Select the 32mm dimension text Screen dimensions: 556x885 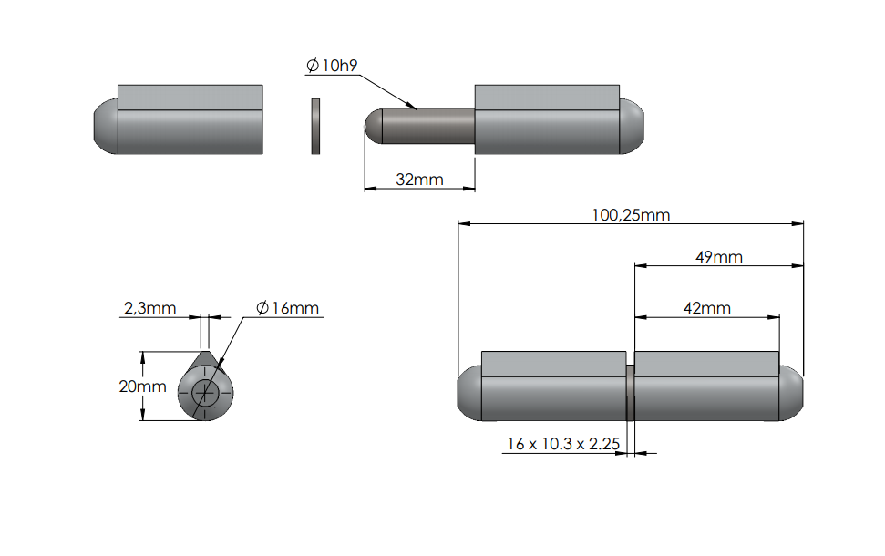(x=419, y=180)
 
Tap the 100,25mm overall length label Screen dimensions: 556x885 (x=631, y=215)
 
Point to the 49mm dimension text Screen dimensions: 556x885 (x=718, y=257)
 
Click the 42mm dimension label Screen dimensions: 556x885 (x=706, y=308)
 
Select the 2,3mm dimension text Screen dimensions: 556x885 (x=149, y=308)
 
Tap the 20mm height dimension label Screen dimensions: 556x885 (x=142, y=386)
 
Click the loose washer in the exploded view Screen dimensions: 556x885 (x=315, y=126)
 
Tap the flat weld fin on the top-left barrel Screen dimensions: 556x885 (x=190, y=97)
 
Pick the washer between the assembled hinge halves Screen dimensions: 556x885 (x=630, y=392)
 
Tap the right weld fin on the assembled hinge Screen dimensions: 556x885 (x=706, y=363)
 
